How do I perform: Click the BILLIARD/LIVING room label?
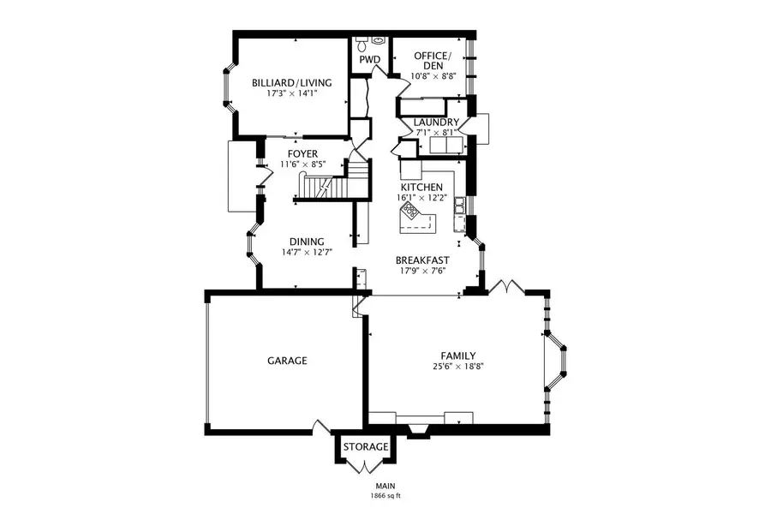[291, 83]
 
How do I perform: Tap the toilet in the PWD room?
[362, 41]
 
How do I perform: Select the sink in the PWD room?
[378, 40]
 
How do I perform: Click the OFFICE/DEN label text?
[433, 60]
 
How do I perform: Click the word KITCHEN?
[421, 187]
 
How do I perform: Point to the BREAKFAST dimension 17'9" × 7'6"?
[421, 271]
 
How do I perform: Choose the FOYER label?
[302, 153]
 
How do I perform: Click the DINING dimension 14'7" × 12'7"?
[307, 253]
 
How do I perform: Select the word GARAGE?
[287, 361]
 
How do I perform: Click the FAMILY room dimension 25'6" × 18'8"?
[458, 367]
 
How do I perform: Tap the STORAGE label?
[366, 447]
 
